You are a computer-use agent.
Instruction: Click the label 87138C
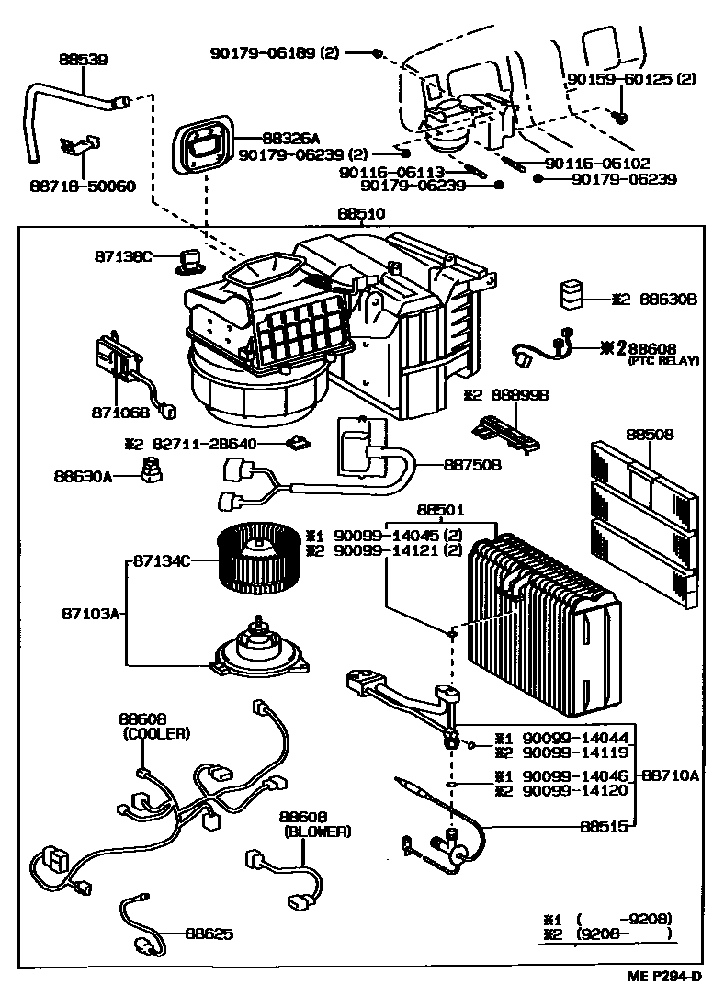(x=122, y=256)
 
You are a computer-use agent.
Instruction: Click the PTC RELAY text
(x=660, y=362)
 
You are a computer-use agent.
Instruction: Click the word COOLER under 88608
(x=154, y=733)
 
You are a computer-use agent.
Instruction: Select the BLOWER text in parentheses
(x=317, y=831)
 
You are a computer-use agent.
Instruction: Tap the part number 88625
(x=209, y=933)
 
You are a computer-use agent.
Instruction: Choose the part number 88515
(x=604, y=826)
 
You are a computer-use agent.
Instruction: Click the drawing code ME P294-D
(x=666, y=977)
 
